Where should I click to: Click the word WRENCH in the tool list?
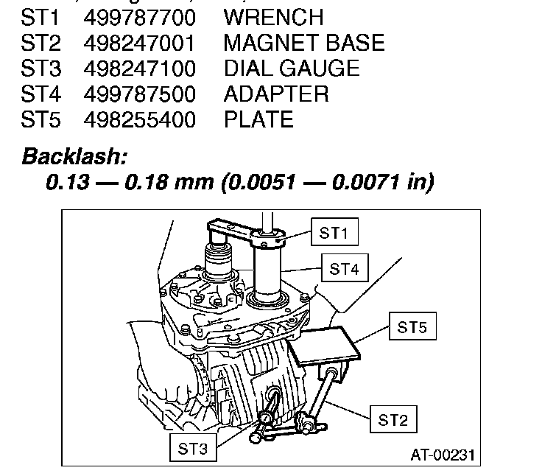click(273, 17)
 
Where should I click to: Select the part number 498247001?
click(140, 43)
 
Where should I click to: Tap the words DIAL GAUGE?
click(292, 69)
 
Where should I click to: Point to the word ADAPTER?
click(276, 94)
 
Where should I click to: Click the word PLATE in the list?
click(258, 120)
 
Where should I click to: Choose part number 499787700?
click(140, 17)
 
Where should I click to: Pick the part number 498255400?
click(140, 120)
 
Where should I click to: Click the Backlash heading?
click(75, 156)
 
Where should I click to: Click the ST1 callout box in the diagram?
click(334, 234)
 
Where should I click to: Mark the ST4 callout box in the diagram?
click(344, 270)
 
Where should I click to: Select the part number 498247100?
click(140, 69)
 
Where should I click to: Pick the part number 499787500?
click(140, 94)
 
